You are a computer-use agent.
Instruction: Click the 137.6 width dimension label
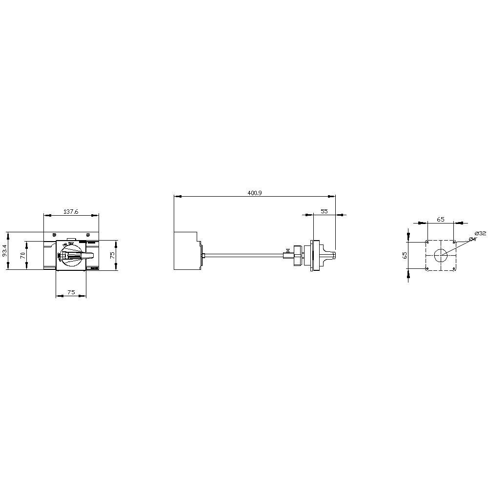point(71,212)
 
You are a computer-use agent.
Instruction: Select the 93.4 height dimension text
point(5,250)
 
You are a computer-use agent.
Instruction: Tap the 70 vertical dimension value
point(22,255)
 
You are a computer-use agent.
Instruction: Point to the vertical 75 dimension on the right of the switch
point(112,254)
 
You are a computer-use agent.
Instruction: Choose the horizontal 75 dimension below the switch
point(71,292)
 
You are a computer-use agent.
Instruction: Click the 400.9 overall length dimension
point(254,193)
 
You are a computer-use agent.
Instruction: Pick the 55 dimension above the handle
point(324,211)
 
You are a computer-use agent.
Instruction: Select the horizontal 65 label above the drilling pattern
point(440,220)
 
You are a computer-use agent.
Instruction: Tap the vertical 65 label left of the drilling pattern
point(405,255)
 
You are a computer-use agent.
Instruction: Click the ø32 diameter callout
point(480,233)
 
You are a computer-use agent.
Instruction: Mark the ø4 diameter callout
point(472,239)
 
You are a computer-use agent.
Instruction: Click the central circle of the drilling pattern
point(441,255)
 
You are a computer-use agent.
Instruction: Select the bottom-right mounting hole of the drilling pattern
point(454,269)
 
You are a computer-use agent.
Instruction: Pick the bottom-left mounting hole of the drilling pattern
point(427,269)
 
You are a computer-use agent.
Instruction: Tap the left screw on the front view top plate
point(55,235)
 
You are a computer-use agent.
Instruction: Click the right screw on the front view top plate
point(87,235)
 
